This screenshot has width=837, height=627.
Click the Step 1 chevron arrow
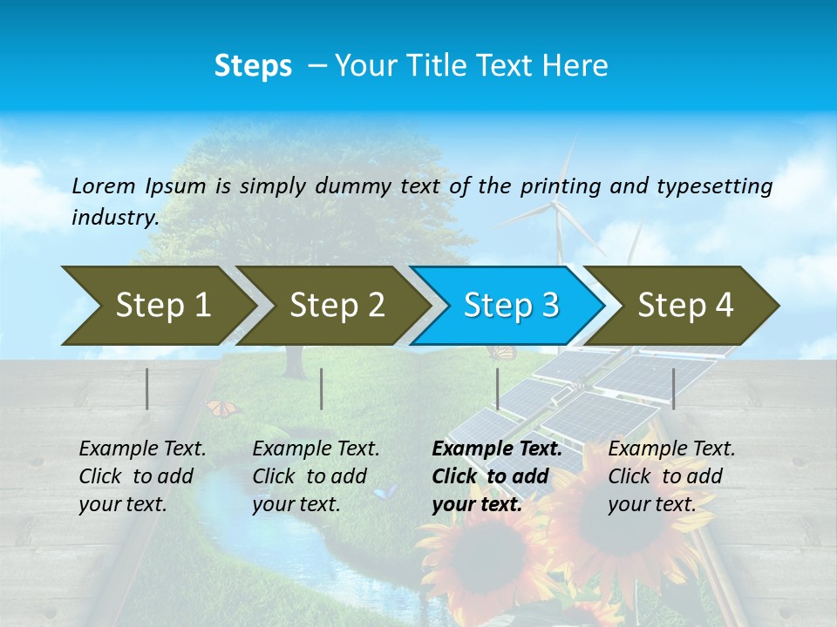161,306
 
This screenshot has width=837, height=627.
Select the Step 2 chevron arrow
336,306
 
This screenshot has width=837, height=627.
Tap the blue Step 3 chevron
510,306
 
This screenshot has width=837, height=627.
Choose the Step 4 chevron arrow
684,306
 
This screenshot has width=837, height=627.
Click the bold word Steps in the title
253,65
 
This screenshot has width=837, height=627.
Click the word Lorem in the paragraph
104,185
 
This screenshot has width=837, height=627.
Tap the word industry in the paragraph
114,218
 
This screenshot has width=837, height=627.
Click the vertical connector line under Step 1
147,388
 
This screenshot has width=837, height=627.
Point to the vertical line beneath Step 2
322,388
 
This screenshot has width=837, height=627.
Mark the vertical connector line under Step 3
497,388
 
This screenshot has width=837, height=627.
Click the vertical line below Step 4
673,388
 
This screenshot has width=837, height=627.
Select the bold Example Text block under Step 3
496,476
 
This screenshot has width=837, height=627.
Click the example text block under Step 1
142,476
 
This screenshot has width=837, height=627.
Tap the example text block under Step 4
671,476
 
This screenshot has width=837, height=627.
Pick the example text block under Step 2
316,476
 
